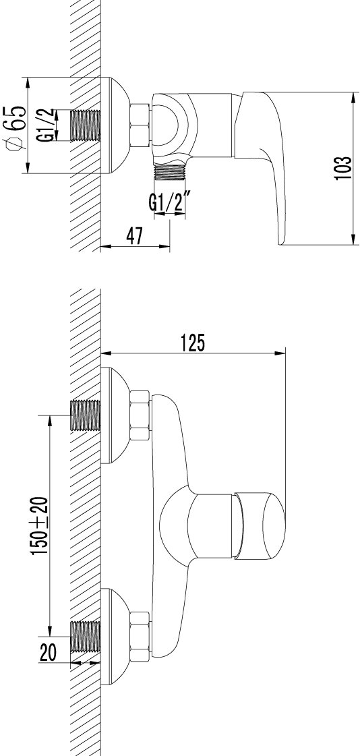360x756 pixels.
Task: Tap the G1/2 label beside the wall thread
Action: click(47, 125)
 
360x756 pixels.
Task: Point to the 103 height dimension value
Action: click(341, 168)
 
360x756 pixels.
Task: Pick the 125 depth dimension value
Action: click(193, 343)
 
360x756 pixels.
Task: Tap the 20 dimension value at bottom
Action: click(48, 653)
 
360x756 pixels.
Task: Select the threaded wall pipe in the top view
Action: click(86, 125)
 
